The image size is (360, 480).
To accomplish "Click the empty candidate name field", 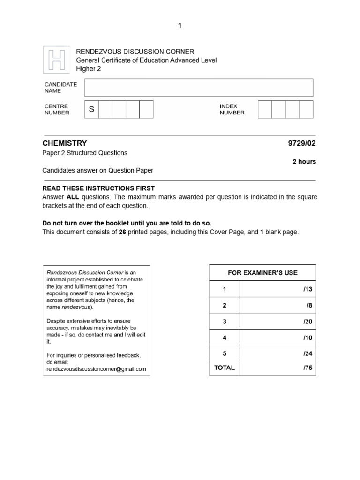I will [x=198, y=88].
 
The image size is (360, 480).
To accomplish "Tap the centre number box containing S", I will [x=91, y=109].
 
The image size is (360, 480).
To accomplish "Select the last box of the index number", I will [x=306, y=109].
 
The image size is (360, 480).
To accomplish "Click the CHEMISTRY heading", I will [x=65, y=143].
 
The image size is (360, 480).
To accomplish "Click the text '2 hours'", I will [x=304, y=162].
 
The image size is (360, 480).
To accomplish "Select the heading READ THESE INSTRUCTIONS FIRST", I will [x=98, y=188].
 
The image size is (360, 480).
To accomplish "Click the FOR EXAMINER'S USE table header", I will [x=262, y=273].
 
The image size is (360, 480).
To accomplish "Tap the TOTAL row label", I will [x=224, y=368].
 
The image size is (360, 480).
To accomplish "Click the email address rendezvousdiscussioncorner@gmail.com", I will [x=96, y=369].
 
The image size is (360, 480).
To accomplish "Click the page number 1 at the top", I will [x=180, y=26].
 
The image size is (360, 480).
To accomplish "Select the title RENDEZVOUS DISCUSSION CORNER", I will [x=135, y=52].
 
